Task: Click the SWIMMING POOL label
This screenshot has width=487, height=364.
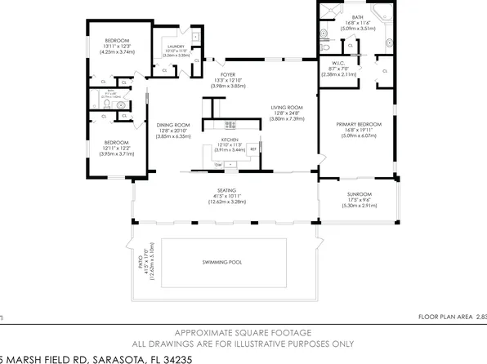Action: click(x=222, y=262)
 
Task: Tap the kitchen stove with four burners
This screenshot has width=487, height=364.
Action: click(x=231, y=124)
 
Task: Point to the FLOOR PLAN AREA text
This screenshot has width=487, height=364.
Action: click(x=445, y=317)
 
